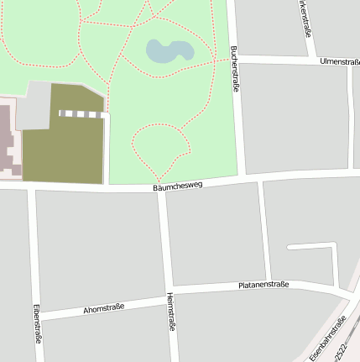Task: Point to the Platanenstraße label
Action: [263, 285]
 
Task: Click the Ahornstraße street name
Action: [103, 308]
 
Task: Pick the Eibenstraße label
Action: [38, 323]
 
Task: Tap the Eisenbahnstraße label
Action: [327, 338]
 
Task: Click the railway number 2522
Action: [339, 347]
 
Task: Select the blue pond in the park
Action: [169, 51]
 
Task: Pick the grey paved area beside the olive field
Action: [34, 105]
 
